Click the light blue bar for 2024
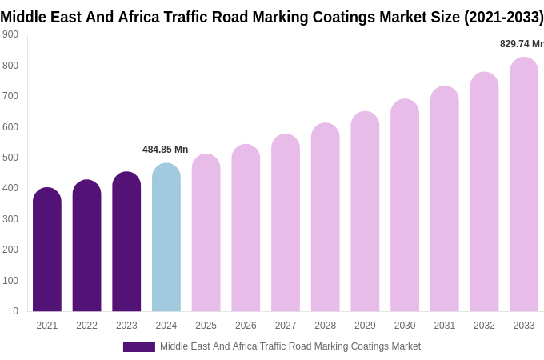[166, 238]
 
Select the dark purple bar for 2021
[47, 250]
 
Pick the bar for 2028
[326, 218]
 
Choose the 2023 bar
[126, 242]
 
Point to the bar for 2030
[405, 206]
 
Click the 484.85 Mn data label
[165, 150]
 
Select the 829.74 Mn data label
[522, 44]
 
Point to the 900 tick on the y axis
[10, 34]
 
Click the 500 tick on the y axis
[10, 158]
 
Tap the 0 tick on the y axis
[15, 311]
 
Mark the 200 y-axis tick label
[10, 250]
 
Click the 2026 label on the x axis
[246, 326]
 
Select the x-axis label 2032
[484, 326]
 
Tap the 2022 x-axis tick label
[86, 326]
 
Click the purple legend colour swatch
[138, 347]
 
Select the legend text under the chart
[290, 346]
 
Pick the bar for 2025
[206, 233]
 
